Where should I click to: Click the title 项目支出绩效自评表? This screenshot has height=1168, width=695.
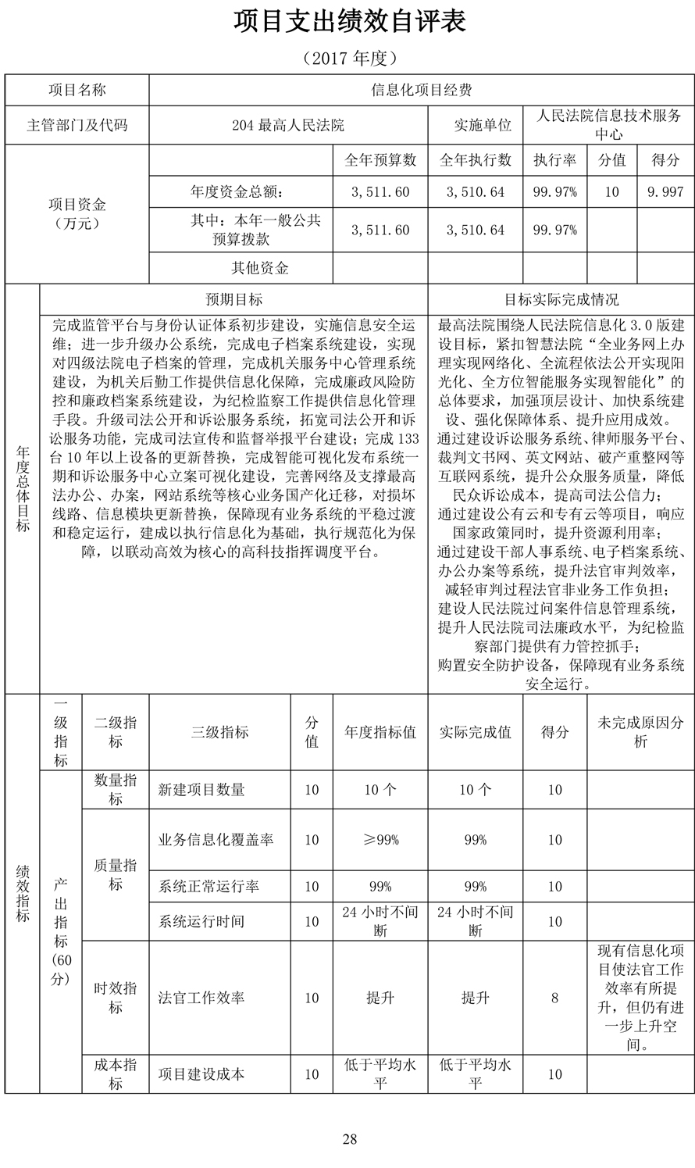(x=349, y=22)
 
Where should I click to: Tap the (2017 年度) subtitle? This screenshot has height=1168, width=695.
(x=349, y=58)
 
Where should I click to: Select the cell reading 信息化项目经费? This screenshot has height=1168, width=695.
(x=421, y=91)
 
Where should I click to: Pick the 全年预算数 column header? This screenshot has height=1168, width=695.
(x=380, y=160)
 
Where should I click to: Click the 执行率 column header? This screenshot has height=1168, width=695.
(x=554, y=160)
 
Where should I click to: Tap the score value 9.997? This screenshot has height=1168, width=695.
(x=665, y=192)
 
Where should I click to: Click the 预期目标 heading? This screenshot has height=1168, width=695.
(x=233, y=300)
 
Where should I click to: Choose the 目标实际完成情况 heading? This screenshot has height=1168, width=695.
(x=561, y=300)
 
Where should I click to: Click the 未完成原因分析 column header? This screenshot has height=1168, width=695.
(x=640, y=733)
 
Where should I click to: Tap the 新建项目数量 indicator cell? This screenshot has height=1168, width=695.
(x=201, y=790)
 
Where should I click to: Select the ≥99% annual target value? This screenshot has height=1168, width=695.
(x=380, y=840)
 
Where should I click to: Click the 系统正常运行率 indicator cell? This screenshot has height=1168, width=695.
(x=208, y=887)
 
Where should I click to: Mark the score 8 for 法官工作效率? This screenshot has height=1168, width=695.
(x=554, y=998)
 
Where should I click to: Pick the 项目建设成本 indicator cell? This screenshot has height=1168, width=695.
(x=201, y=1074)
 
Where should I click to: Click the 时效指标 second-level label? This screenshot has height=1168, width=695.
(x=116, y=998)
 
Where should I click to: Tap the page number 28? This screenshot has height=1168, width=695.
(x=349, y=1139)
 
